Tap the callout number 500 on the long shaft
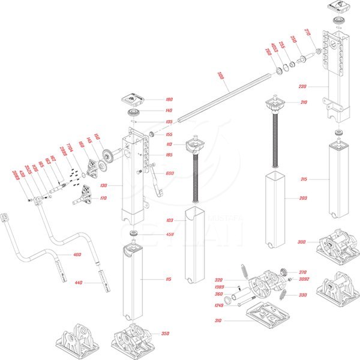pos(221,76)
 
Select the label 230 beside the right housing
pos(303,86)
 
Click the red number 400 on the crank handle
pos(76,255)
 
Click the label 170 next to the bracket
pos(104,198)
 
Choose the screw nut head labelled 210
pos(275,107)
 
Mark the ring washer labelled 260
pos(280,72)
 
